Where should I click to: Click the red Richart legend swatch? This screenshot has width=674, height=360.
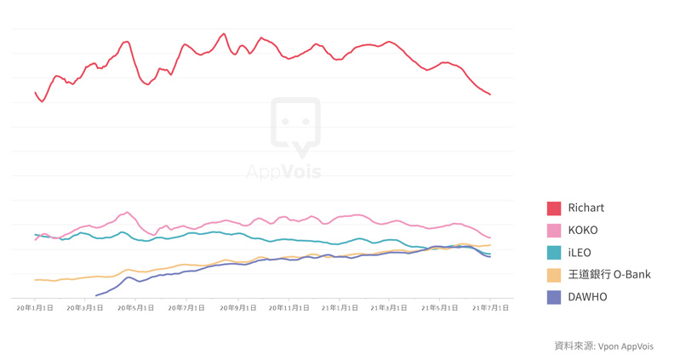pos(554,208)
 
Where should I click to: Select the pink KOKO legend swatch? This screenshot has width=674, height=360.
pos(554,231)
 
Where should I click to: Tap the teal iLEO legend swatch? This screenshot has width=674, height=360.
pos(554,253)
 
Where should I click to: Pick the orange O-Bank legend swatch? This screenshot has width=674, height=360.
pos(554,275)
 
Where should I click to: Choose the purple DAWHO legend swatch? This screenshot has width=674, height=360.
pos(554,297)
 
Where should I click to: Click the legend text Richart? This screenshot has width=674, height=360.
pos(585,208)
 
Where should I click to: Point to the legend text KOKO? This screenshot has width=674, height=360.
pos(583,231)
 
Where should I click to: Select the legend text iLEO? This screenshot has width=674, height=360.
pos(580,253)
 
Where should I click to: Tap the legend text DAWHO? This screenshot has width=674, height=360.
pos(588,297)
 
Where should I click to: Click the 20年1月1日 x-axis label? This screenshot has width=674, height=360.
pos(35,308)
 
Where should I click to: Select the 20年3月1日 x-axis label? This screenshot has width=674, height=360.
pos(85,308)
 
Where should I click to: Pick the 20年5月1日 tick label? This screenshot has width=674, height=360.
pos(136,308)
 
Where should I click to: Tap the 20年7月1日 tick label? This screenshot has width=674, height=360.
pos(187,308)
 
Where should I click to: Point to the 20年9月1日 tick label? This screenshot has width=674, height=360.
pos(238,308)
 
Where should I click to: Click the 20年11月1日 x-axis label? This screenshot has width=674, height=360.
pos(289,308)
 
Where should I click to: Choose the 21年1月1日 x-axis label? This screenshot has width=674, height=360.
pos(340,308)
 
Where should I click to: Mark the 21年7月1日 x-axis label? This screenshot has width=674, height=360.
pos(491,308)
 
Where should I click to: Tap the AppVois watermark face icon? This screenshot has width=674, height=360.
pos(295,126)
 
